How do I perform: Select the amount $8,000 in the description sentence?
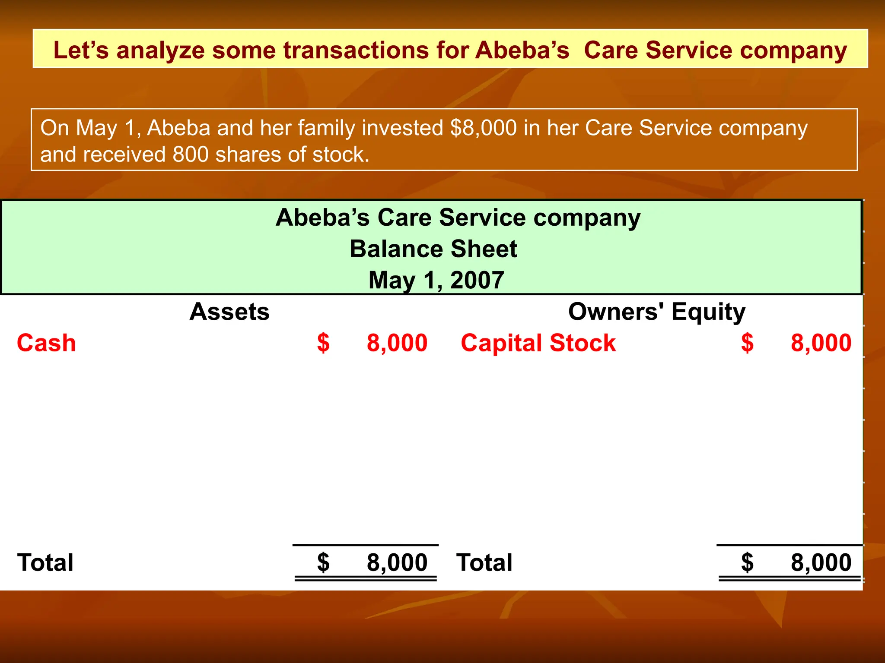click(x=483, y=128)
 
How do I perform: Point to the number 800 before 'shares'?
click(x=190, y=155)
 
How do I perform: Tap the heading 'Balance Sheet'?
click(x=433, y=249)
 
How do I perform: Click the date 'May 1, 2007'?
click(x=436, y=280)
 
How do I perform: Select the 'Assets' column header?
click(x=229, y=312)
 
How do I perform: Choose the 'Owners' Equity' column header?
click(x=656, y=312)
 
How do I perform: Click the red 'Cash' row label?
click(x=46, y=343)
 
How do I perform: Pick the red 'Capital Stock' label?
click(x=538, y=343)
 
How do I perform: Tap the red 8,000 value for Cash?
click(x=397, y=343)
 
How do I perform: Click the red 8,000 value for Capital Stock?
click(x=821, y=343)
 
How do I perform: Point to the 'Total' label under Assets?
click(x=45, y=562)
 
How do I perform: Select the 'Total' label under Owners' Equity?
click(x=484, y=562)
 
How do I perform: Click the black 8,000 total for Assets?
click(x=397, y=562)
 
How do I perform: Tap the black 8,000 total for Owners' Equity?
click(x=821, y=562)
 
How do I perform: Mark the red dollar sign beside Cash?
click(x=323, y=343)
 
